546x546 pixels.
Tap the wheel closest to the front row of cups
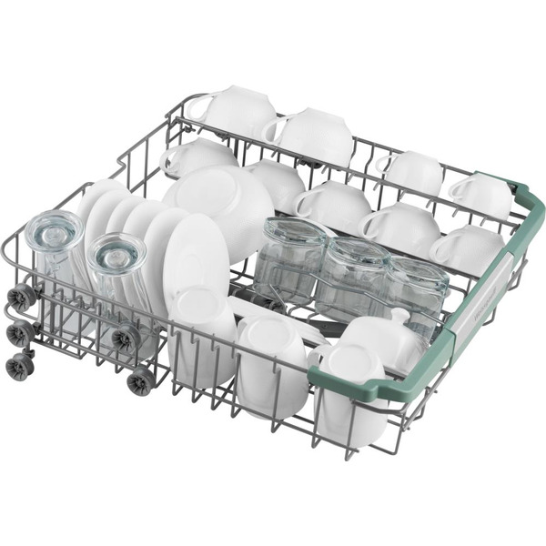(142, 381)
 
